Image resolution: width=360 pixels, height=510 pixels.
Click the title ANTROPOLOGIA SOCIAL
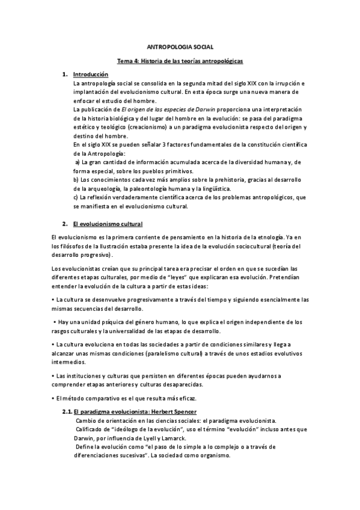coord(180,46)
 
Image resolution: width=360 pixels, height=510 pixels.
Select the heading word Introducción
coord(90,74)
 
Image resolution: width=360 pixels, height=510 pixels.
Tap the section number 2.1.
coord(67,412)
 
